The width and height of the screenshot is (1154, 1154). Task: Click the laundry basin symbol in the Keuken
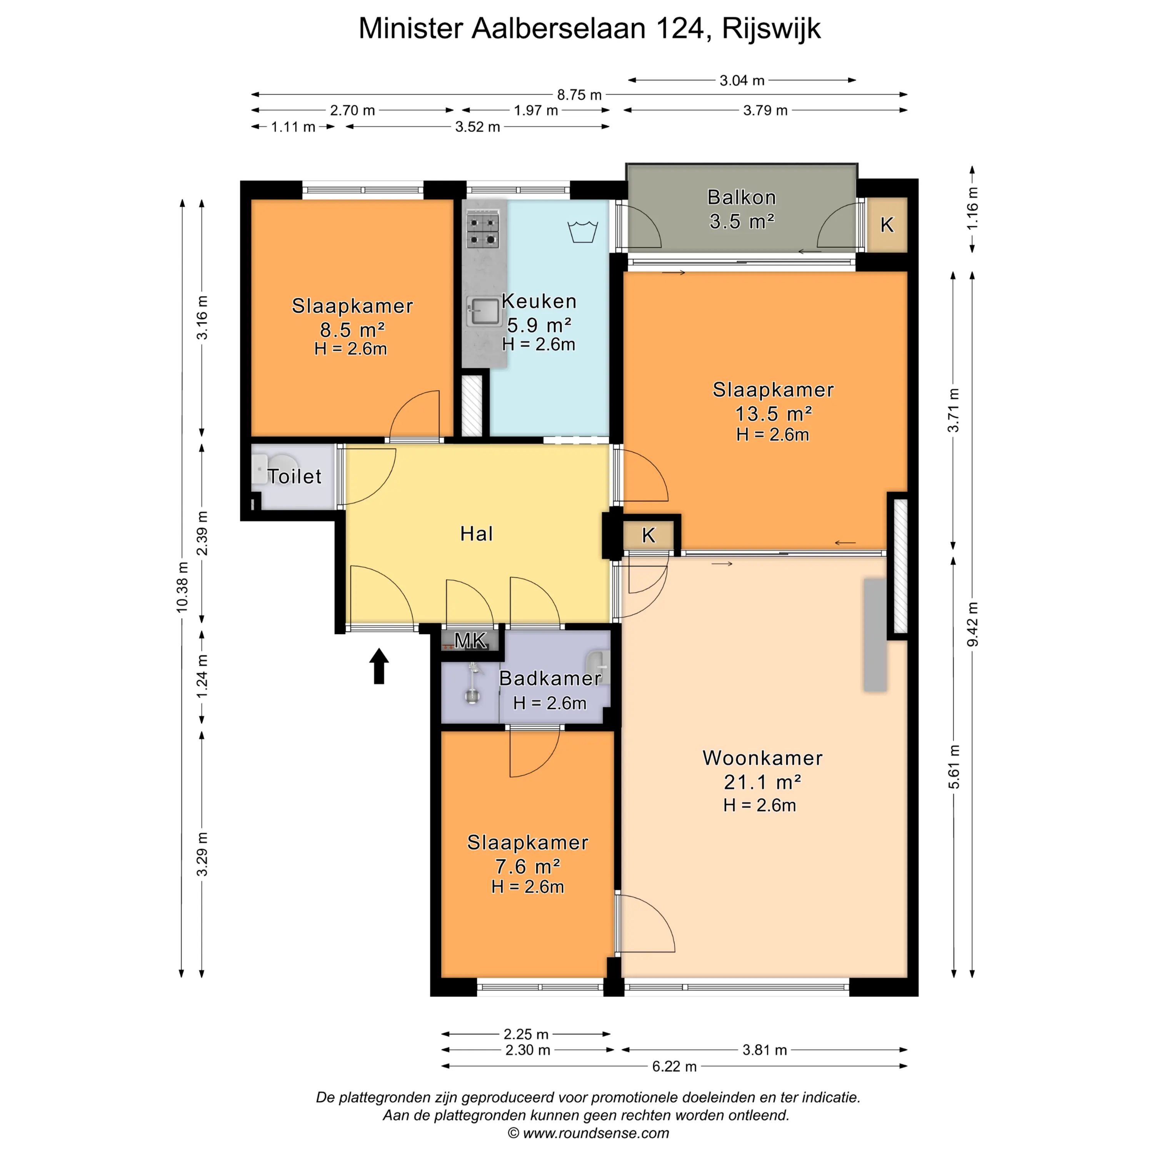[x=582, y=231]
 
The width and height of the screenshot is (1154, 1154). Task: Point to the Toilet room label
[x=295, y=476]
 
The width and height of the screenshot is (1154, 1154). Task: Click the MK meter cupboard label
[x=471, y=641]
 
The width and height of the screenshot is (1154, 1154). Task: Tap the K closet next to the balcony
[x=887, y=225]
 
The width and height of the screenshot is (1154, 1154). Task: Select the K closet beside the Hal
[x=649, y=536]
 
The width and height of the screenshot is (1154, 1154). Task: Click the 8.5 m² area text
[x=352, y=329]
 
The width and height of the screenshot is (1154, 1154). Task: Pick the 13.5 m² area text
[x=774, y=414]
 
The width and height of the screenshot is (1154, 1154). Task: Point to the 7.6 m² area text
[x=527, y=866]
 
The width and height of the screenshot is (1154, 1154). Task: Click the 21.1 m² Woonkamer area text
[x=762, y=782]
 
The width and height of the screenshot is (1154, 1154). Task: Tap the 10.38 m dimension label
[x=182, y=587]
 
